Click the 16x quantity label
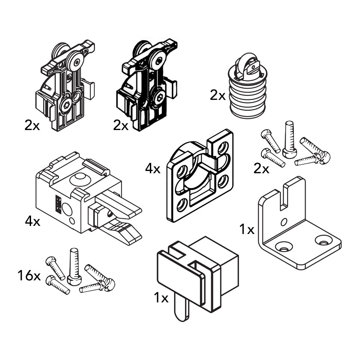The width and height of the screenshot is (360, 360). click(x=29, y=275)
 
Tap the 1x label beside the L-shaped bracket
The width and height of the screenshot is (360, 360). click(x=247, y=229)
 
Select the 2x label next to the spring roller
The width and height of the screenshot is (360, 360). click(x=218, y=95)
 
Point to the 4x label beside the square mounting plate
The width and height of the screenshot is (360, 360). click(x=153, y=169)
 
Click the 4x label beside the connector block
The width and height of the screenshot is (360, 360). click(x=32, y=221)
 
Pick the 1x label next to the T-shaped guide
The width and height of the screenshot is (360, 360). click(x=161, y=298)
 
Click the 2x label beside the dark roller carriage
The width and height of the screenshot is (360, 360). click(x=121, y=126)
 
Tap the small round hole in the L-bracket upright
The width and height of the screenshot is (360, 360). click(x=284, y=222)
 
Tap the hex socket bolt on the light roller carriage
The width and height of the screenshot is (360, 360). click(x=67, y=105)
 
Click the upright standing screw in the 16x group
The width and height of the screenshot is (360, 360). click(x=73, y=267)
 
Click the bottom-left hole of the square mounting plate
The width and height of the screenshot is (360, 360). click(x=182, y=205)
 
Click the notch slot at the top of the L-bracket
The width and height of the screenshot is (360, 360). click(x=283, y=197)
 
